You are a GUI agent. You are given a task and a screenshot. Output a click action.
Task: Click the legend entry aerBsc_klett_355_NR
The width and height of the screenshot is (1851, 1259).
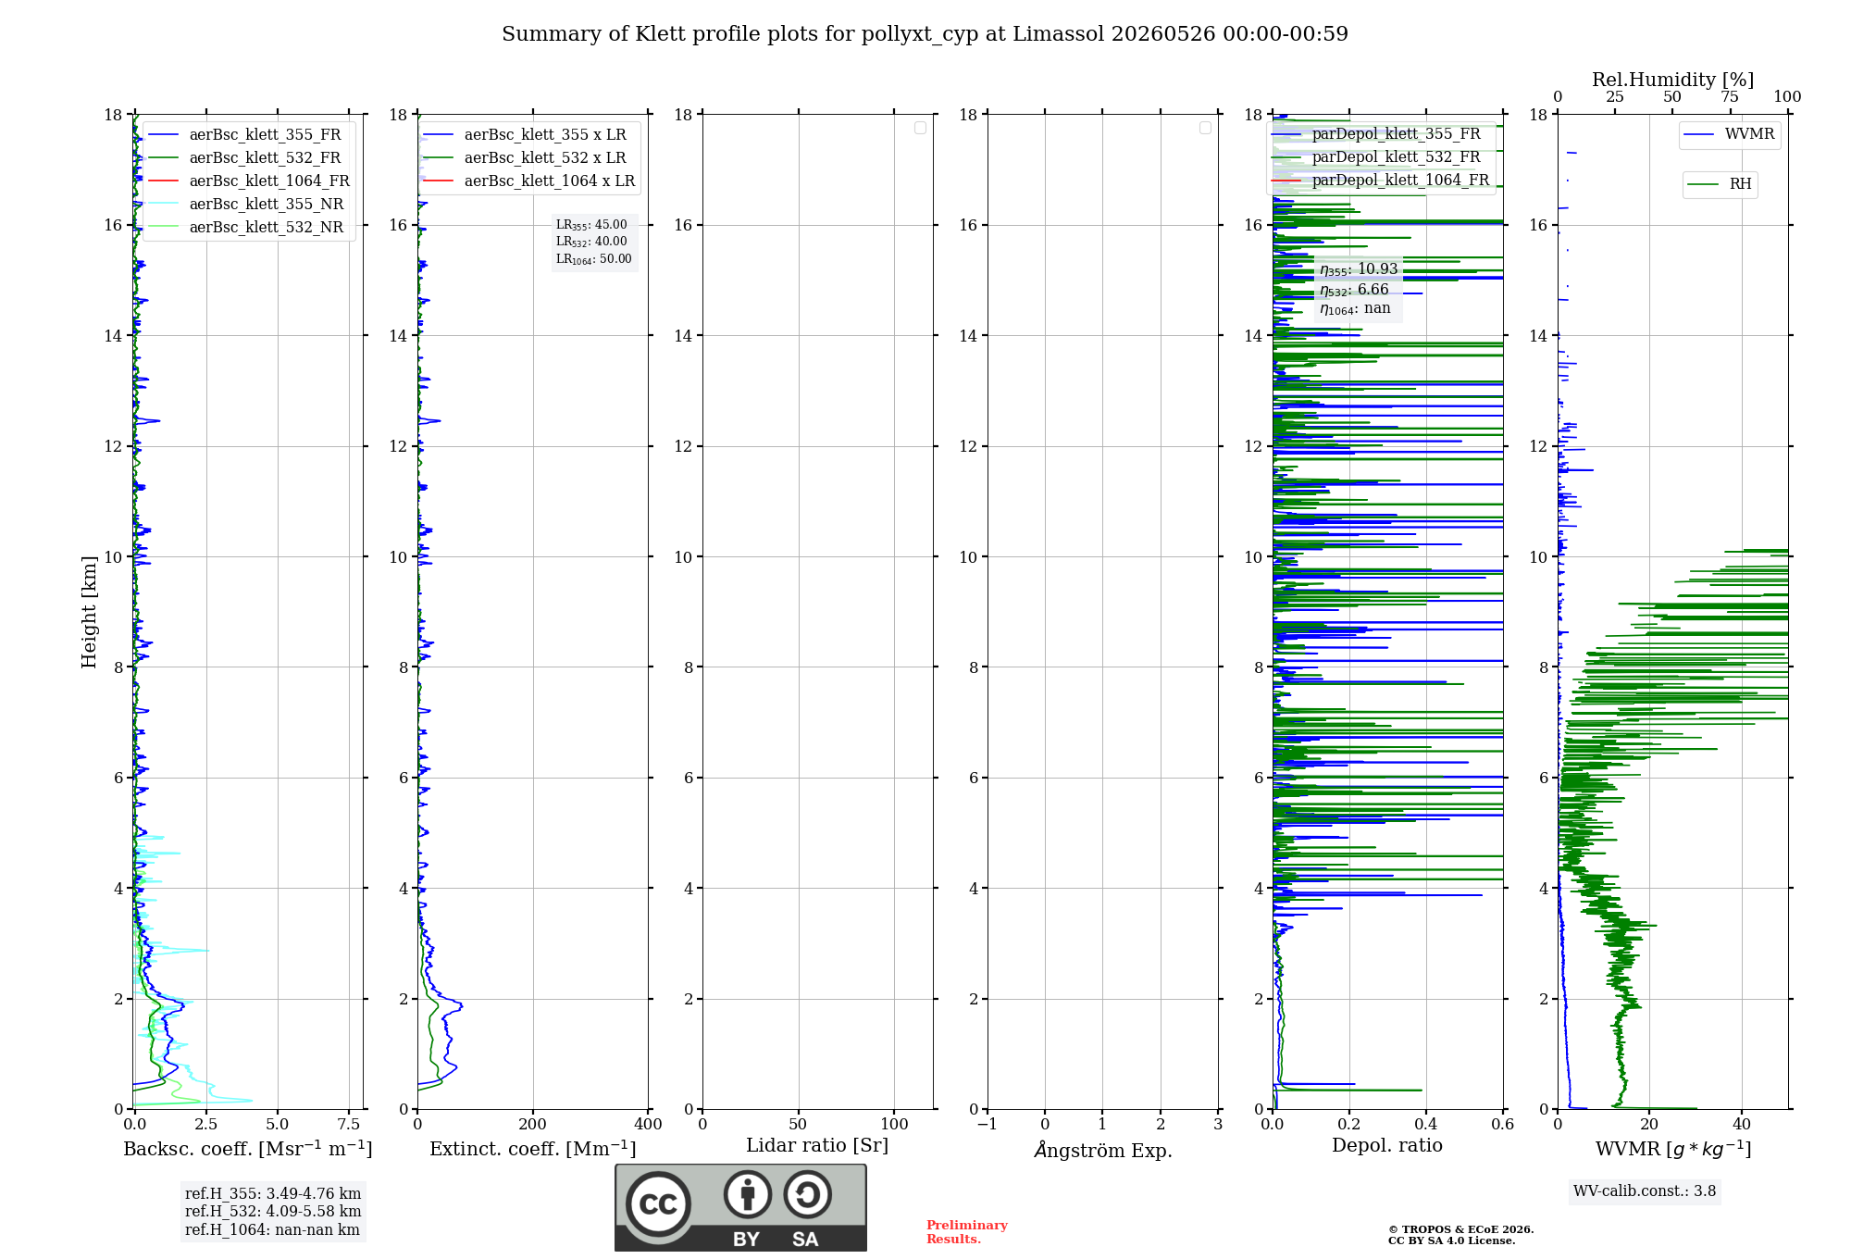tap(246, 204)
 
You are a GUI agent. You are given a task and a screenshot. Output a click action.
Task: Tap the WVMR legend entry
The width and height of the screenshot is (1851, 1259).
tap(1729, 134)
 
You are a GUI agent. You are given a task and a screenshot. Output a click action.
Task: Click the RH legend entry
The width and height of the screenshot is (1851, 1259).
tap(1720, 184)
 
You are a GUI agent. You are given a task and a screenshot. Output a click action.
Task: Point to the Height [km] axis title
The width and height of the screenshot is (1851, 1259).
tap(89, 612)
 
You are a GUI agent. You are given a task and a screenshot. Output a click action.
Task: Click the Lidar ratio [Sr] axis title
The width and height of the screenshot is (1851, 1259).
tap(817, 1146)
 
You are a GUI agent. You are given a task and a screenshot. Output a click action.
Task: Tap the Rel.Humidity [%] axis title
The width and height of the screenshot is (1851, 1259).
tap(1673, 80)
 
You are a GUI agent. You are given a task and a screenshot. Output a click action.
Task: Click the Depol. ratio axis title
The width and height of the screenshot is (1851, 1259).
tap(1387, 1145)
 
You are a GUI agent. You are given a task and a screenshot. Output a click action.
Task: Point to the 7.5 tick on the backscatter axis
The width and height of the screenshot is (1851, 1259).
tap(349, 1124)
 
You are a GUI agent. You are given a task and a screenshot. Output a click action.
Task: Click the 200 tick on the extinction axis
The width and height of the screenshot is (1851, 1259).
tap(533, 1124)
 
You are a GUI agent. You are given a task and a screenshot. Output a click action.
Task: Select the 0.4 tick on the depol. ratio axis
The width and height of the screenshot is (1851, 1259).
tap(1426, 1124)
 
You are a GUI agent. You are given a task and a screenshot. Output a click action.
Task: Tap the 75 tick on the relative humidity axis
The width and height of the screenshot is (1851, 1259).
tap(1730, 97)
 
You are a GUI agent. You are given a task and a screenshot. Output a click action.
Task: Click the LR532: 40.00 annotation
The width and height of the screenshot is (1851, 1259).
tap(591, 242)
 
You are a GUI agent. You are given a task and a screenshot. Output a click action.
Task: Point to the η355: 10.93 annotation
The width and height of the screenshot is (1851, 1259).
tap(1359, 269)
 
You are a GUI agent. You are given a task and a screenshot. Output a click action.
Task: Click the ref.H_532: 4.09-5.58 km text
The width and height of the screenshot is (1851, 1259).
tap(273, 1211)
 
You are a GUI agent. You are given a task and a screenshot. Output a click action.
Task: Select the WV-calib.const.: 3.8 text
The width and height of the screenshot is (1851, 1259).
tap(1645, 1191)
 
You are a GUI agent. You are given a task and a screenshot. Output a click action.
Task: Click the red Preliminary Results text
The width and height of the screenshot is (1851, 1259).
tap(967, 1232)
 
